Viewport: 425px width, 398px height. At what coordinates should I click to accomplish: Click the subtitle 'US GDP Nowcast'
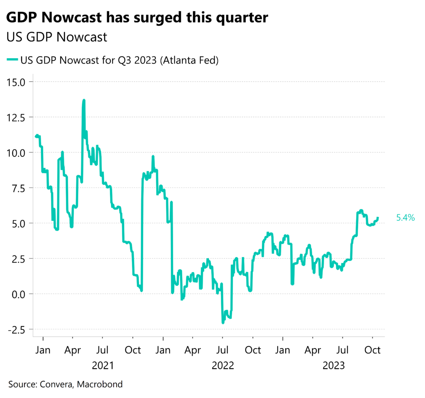pyautogui.click(x=57, y=37)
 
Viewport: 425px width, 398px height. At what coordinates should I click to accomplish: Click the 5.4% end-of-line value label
pyautogui.click(x=405, y=218)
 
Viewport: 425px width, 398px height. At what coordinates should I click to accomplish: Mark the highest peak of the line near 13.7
pyautogui.click(x=84, y=100)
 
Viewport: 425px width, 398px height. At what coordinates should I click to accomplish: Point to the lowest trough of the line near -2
pyautogui.click(x=223, y=322)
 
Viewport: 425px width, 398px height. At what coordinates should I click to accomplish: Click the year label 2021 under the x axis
pyautogui.click(x=103, y=366)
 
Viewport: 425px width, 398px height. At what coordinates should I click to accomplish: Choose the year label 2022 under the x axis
pyautogui.click(x=222, y=366)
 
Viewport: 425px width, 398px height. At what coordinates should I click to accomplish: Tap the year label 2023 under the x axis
pyautogui.click(x=334, y=366)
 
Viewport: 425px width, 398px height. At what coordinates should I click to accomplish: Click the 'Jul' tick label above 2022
pyautogui.click(x=222, y=350)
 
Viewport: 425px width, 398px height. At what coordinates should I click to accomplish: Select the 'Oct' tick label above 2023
pyautogui.click(x=372, y=350)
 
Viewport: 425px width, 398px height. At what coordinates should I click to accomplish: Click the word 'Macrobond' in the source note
pyautogui.click(x=103, y=384)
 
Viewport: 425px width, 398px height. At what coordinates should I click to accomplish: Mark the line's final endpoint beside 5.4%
pyautogui.click(x=378, y=218)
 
